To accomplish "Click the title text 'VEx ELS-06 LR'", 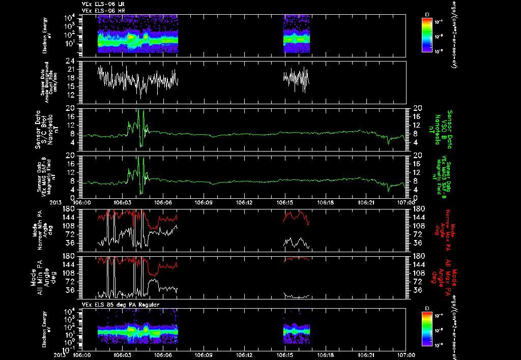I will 99,4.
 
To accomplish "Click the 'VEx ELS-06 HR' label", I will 99,10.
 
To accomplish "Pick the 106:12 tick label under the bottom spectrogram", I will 244,355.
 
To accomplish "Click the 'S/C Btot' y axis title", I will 45,130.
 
